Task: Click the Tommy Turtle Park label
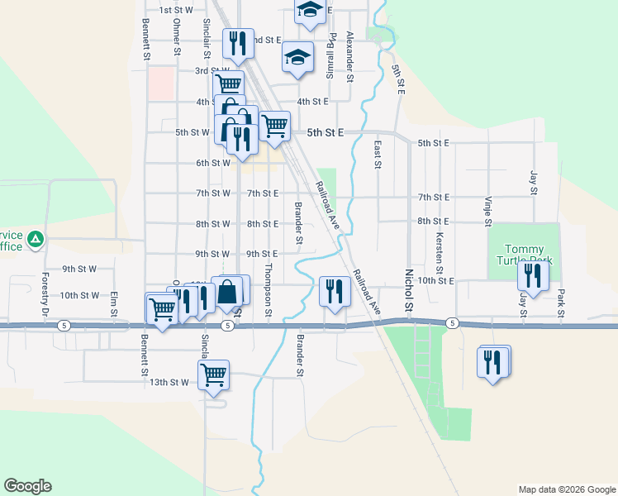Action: coord(525,255)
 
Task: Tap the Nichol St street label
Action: coord(408,289)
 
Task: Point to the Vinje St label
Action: coord(488,211)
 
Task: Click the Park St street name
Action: coord(560,303)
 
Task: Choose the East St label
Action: coord(378,154)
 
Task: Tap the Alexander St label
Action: coord(350,55)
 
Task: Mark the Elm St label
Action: coord(114,305)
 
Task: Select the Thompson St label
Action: coord(268,290)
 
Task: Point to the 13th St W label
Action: coord(169,382)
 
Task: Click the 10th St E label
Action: coord(436,281)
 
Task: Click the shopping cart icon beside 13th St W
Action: coord(214,374)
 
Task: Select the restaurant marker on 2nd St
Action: coord(239,44)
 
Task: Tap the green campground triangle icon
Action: coord(36,241)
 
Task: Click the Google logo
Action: coord(27,486)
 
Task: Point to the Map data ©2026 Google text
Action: coord(566,489)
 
